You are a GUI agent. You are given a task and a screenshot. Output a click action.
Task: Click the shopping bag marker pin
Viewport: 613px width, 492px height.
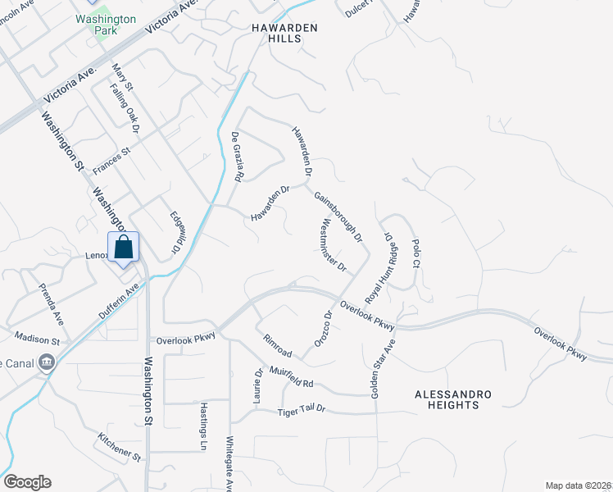(123, 248)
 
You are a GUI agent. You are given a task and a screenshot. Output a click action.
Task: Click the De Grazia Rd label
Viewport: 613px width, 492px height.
(237, 157)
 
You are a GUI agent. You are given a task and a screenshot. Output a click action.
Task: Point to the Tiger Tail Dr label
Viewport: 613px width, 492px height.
(301, 410)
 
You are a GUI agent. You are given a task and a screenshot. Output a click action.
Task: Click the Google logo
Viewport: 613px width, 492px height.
(27, 482)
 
